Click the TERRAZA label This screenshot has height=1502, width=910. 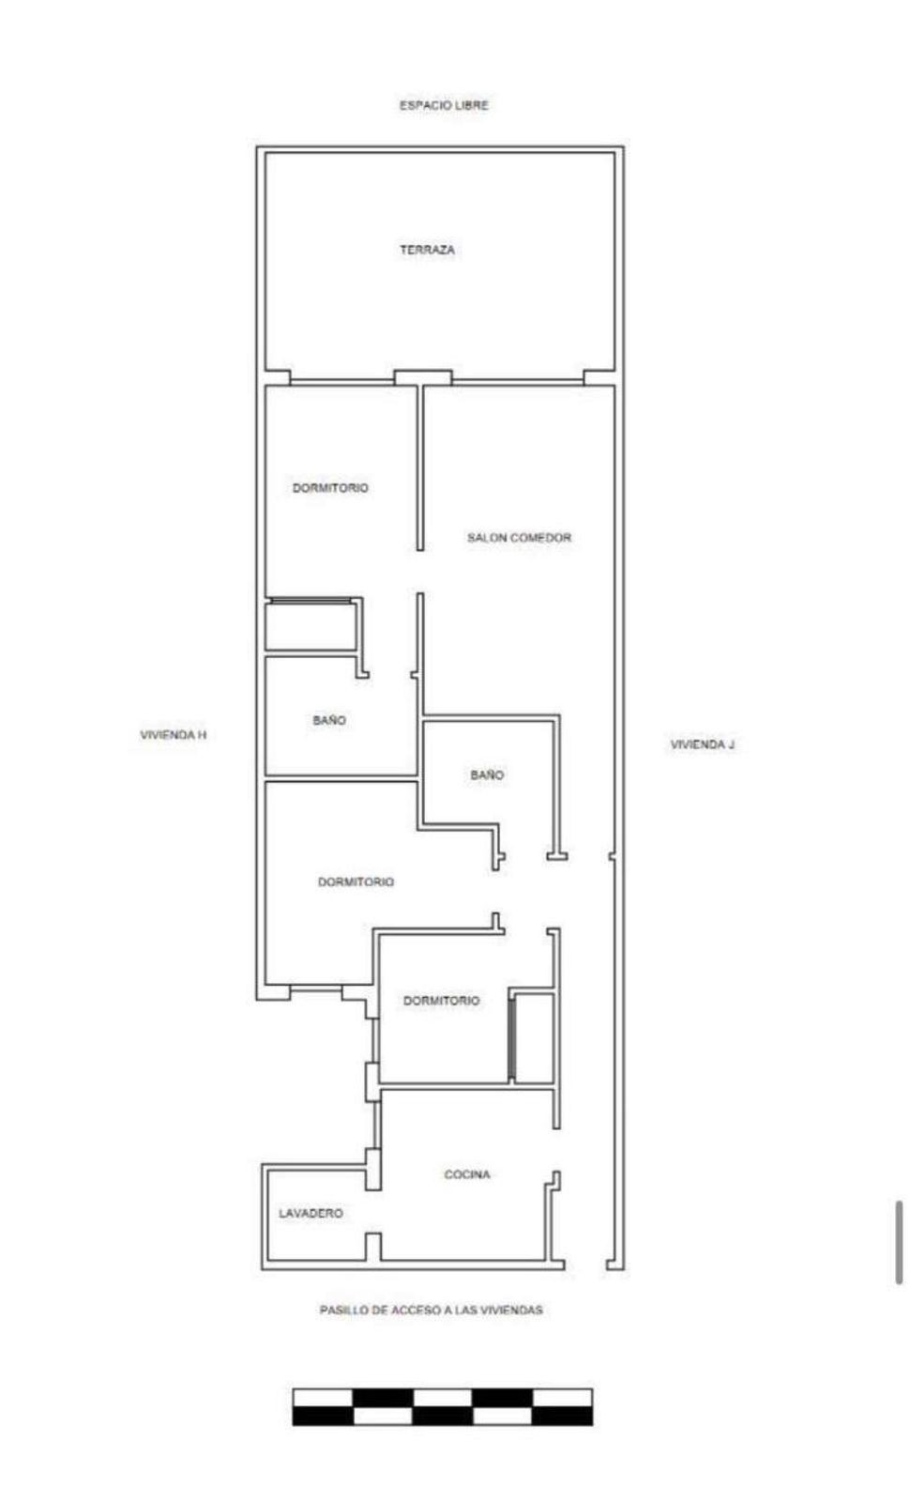pyautogui.click(x=427, y=250)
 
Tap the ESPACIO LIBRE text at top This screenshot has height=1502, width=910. pyautogui.click(x=444, y=105)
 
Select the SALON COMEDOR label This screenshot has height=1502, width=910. pyautogui.click(x=519, y=538)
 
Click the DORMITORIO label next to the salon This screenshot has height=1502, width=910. pyautogui.click(x=330, y=488)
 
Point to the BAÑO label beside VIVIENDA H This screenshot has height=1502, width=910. pyautogui.click(x=329, y=720)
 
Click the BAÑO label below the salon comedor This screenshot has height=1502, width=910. pyautogui.click(x=487, y=774)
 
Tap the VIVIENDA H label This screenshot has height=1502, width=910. pyautogui.click(x=174, y=735)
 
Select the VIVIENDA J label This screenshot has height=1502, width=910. pyautogui.click(x=703, y=744)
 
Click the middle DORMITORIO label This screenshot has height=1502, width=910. pyautogui.click(x=356, y=881)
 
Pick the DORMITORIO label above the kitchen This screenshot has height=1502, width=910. pyautogui.click(x=441, y=1001)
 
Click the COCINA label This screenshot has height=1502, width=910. pyautogui.click(x=467, y=1174)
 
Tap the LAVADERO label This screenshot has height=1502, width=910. pyautogui.click(x=311, y=1213)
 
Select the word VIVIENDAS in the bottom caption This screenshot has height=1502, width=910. pyautogui.click(x=511, y=1310)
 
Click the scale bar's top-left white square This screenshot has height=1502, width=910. pyautogui.click(x=323, y=1398)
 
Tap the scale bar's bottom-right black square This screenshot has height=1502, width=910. pyautogui.click(x=563, y=1416)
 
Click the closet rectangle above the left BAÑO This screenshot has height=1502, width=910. pyautogui.click(x=310, y=627)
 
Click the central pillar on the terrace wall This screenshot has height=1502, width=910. pyautogui.click(x=422, y=377)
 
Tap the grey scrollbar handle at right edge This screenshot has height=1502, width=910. pyautogui.click(x=899, y=1242)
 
